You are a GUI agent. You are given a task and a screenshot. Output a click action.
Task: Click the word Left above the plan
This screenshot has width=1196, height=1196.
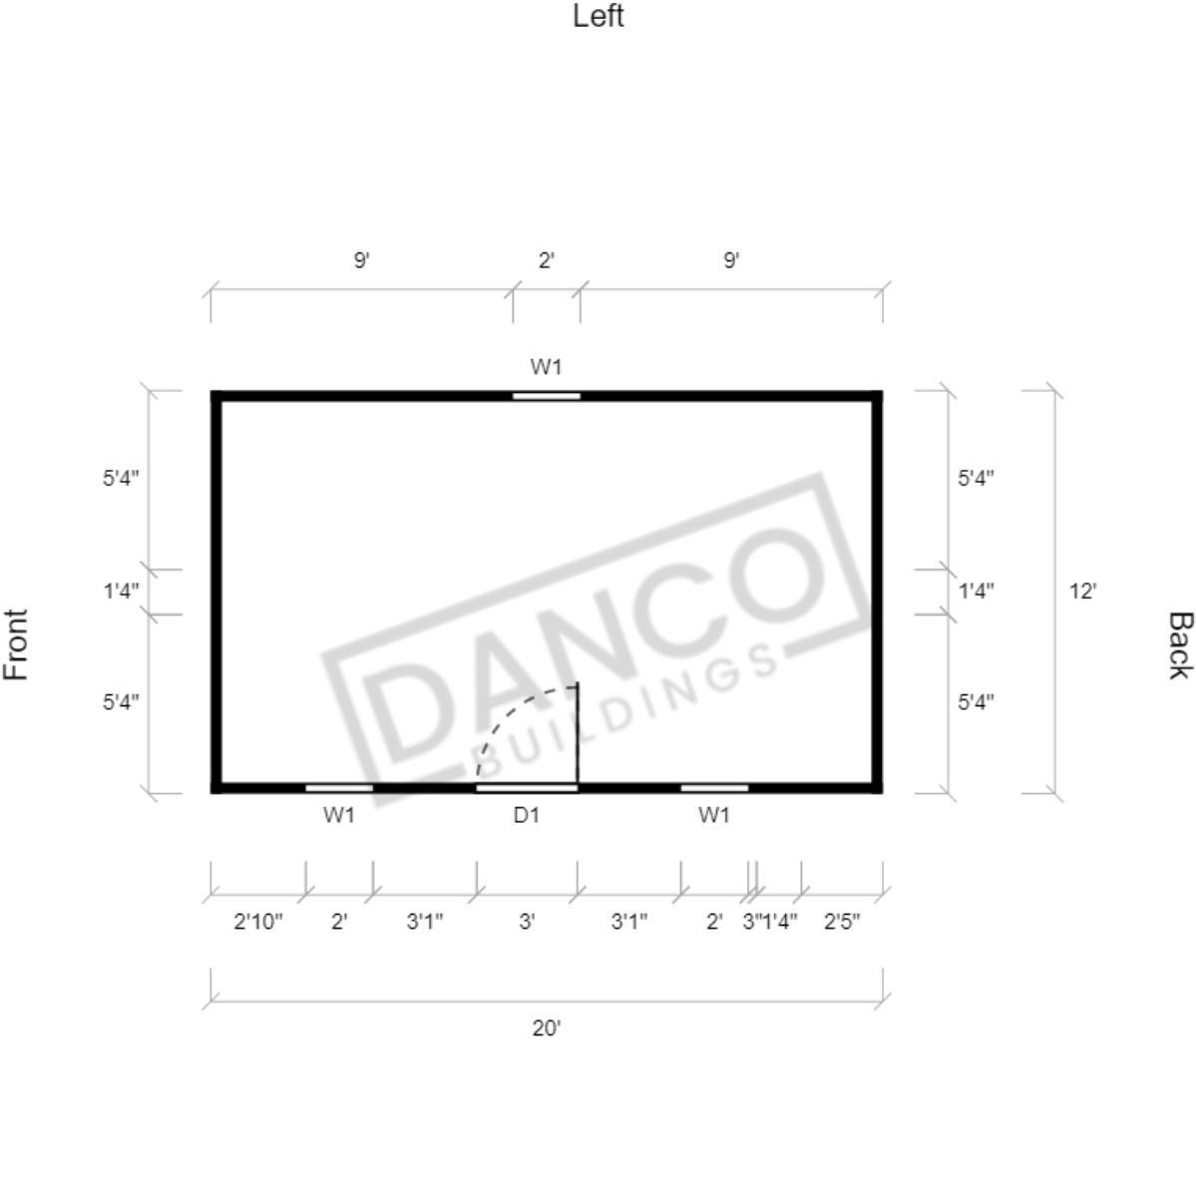click(598, 16)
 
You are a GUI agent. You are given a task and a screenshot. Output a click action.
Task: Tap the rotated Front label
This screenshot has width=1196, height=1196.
click(16, 644)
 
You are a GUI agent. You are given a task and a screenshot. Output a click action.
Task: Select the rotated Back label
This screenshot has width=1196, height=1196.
click(1179, 644)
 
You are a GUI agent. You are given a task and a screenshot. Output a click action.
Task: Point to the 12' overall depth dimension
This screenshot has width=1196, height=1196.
click(1082, 592)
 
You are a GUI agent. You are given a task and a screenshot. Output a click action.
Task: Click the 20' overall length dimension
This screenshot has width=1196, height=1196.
click(547, 1028)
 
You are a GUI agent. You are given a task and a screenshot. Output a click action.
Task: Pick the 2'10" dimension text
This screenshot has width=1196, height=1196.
click(257, 922)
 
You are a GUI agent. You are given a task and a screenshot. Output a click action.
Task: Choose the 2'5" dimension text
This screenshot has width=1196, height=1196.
click(842, 922)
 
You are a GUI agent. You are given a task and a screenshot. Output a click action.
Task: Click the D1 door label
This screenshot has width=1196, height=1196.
click(527, 815)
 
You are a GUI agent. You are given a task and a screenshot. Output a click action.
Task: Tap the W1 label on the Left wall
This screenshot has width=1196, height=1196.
click(547, 367)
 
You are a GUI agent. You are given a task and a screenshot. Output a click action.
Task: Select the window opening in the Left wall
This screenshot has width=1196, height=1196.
click(547, 396)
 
